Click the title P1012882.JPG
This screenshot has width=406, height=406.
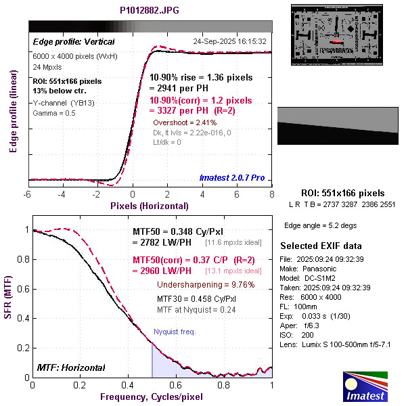point(150,10)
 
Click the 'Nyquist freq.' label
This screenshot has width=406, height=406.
point(174,332)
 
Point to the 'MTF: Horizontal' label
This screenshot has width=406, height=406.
point(72,368)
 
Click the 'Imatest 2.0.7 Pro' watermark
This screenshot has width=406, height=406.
point(231,179)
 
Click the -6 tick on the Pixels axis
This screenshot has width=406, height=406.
point(28,195)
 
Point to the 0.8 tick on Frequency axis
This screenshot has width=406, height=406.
point(224,384)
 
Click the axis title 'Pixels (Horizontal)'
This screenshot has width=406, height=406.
point(150,205)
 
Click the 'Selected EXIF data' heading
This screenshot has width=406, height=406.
point(321,245)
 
